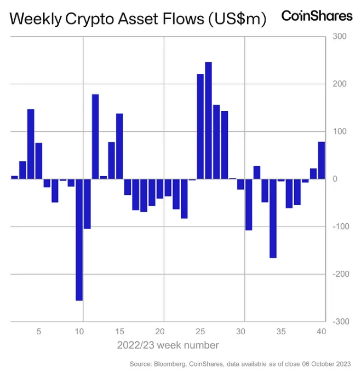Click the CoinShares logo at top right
[x=317, y=16]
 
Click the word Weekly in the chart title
[x=36, y=20]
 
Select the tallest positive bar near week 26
[x=208, y=120]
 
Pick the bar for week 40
[x=321, y=160]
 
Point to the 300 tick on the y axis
[x=339, y=37]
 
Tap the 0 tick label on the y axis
[x=334, y=179]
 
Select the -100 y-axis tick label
[x=338, y=226]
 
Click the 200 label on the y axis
[x=339, y=84]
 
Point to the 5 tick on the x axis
[x=39, y=332]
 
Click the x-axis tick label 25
[x=200, y=332]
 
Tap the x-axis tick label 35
[x=281, y=332]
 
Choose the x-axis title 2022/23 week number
[x=168, y=345]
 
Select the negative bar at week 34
[x=273, y=218]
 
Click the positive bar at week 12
[x=95, y=137]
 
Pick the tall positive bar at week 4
[x=31, y=144]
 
